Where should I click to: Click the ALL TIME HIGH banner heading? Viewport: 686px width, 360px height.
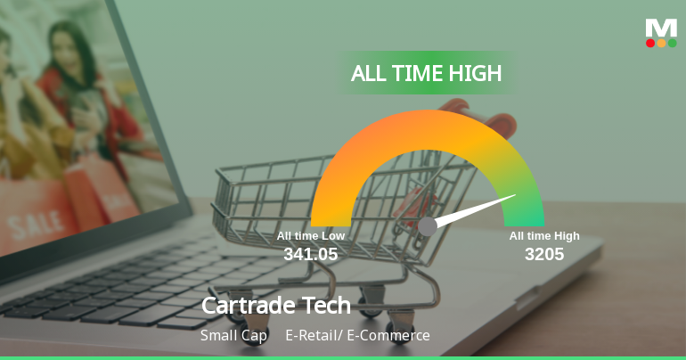tap(426, 73)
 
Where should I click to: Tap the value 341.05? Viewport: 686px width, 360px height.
tap(310, 254)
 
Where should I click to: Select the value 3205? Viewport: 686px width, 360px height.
tap(543, 254)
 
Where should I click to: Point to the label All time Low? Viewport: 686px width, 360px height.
tap(310, 236)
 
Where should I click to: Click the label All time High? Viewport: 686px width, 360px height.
tap(544, 236)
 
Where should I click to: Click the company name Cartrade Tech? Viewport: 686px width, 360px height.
tap(276, 306)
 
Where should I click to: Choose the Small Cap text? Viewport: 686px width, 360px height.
tap(233, 336)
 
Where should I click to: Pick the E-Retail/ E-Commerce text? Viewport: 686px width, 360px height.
tap(357, 336)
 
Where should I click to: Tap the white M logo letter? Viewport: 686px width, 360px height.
tap(661, 28)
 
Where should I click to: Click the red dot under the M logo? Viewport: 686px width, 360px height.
tap(650, 43)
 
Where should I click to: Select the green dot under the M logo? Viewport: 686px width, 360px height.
tap(672, 43)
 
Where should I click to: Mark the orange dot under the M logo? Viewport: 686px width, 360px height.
tap(661, 43)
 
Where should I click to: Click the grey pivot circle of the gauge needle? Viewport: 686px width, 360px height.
tap(428, 226)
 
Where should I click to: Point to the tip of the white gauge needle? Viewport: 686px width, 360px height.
tap(515, 195)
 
